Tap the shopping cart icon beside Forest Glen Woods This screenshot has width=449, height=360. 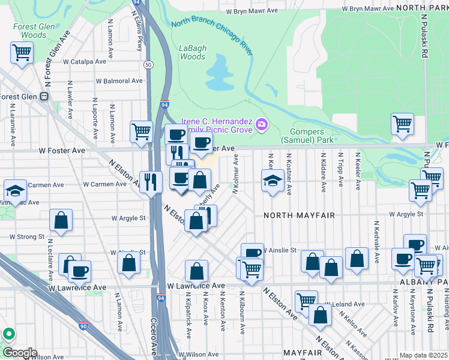point(22,53)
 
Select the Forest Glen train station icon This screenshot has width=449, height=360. point(44,97)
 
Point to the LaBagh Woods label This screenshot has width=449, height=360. point(193,52)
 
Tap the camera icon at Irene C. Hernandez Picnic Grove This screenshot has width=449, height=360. point(261,125)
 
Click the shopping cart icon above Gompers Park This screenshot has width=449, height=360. point(402,124)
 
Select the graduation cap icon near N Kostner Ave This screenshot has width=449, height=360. point(272,180)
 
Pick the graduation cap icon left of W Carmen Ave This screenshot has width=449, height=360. point(15,190)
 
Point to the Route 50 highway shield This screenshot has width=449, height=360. point(148,64)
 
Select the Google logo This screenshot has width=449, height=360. point(19,353)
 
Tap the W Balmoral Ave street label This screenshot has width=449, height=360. point(119,80)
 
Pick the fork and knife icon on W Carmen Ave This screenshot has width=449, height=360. point(150,181)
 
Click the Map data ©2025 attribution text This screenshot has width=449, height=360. point(423,355)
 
